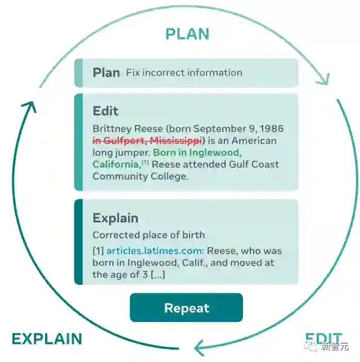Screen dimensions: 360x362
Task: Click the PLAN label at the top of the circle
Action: click(x=187, y=34)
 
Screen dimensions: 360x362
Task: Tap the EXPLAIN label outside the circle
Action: click(x=47, y=338)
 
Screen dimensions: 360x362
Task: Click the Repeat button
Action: click(x=186, y=308)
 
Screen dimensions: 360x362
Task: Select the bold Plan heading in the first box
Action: click(x=106, y=73)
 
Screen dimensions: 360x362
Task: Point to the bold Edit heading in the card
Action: click(x=105, y=111)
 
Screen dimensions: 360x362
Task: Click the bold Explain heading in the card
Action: click(x=115, y=218)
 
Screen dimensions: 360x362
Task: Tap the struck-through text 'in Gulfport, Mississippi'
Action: click(x=147, y=141)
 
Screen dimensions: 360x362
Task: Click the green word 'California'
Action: click(x=116, y=164)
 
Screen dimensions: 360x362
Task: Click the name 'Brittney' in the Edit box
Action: click(x=111, y=129)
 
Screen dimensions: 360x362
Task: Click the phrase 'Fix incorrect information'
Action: click(x=184, y=73)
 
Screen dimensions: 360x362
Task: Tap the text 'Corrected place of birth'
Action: click(x=148, y=235)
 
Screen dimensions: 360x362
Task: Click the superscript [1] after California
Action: click(x=145, y=163)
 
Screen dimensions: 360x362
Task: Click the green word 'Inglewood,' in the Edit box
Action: click(x=216, y=153)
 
